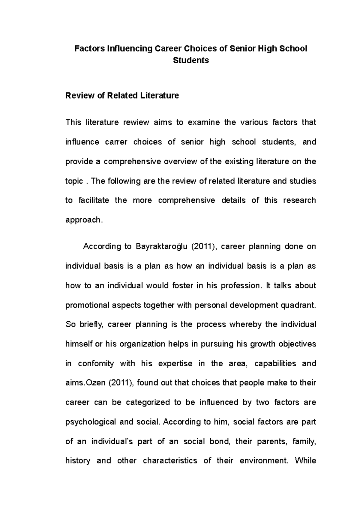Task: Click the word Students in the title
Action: click(x=191, y=60)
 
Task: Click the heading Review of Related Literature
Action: click(x=122, y=96)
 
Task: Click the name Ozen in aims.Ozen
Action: click(x=95, y=383)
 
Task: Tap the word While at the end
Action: click(x=305, y=461)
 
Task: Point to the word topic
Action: click(x=74, y=181)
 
